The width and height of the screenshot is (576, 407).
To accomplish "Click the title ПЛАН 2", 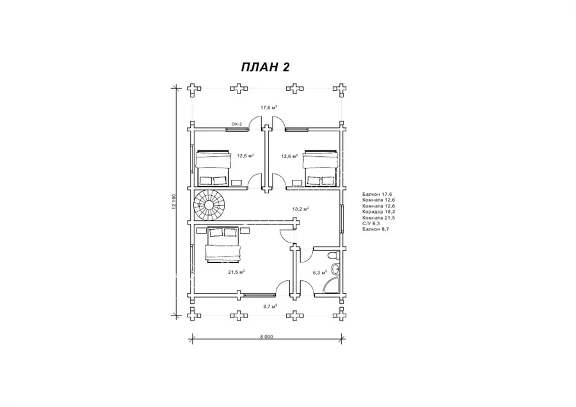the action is [x=266, y=67].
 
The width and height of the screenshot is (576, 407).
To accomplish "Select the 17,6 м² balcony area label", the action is [x=269, y=108].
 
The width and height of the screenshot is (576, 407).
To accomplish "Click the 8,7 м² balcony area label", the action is [x=269, y=306].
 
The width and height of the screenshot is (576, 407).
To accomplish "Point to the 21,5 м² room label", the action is [x=237, y=272].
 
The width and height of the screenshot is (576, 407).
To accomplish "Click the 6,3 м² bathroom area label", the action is [x=320, y=273].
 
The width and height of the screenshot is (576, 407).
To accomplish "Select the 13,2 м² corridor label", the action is [x=301, y=209].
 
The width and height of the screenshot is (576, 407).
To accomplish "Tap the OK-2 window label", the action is [x=237, y=124].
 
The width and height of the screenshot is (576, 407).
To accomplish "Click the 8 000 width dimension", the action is [x=266, y=337].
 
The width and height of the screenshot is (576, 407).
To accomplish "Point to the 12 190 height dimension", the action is [x=173, y=202].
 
